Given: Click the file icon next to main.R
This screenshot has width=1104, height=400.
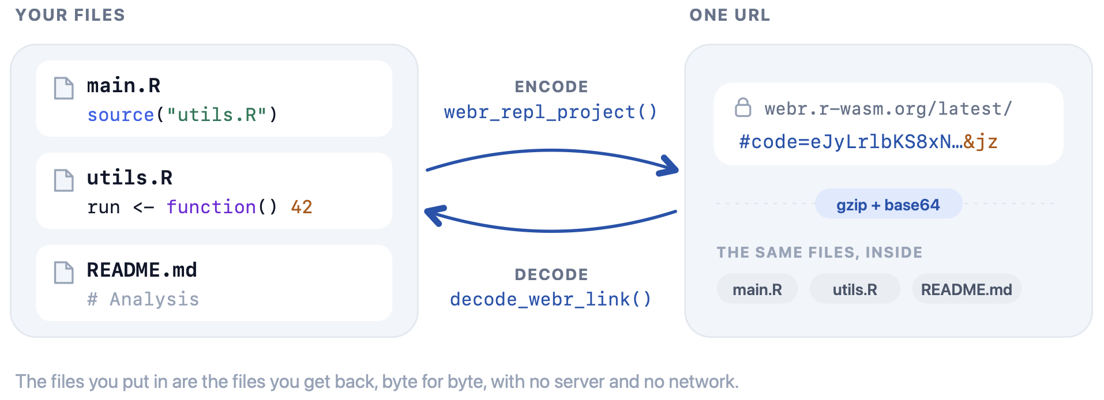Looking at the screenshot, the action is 63,88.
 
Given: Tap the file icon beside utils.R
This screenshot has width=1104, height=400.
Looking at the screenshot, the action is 63,180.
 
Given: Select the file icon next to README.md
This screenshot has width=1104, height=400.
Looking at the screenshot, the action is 63,273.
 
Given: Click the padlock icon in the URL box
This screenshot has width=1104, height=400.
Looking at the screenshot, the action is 743,107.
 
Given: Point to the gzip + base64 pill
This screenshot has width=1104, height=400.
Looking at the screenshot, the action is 888,204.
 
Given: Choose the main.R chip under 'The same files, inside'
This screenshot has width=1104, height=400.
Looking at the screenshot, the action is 757,289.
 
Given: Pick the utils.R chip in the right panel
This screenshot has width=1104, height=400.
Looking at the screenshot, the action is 855,289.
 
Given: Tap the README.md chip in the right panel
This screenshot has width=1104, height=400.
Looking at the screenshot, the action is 967,289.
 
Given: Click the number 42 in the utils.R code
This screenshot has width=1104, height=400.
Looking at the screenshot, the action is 302,207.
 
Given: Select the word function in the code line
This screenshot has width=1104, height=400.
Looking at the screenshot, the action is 211,207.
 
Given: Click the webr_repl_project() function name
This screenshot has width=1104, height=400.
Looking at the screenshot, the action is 551,111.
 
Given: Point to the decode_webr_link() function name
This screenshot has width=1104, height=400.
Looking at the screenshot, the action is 551,299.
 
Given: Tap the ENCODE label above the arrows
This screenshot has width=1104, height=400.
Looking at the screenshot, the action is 551,86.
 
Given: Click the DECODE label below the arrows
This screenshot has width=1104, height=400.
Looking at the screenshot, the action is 551,274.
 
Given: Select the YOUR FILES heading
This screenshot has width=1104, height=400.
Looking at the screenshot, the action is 70,15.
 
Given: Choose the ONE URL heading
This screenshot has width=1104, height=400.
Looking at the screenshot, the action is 730,15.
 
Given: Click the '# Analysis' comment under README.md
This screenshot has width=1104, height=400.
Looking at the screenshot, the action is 143,299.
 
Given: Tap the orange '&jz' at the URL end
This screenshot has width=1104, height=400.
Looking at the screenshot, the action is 981,142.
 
